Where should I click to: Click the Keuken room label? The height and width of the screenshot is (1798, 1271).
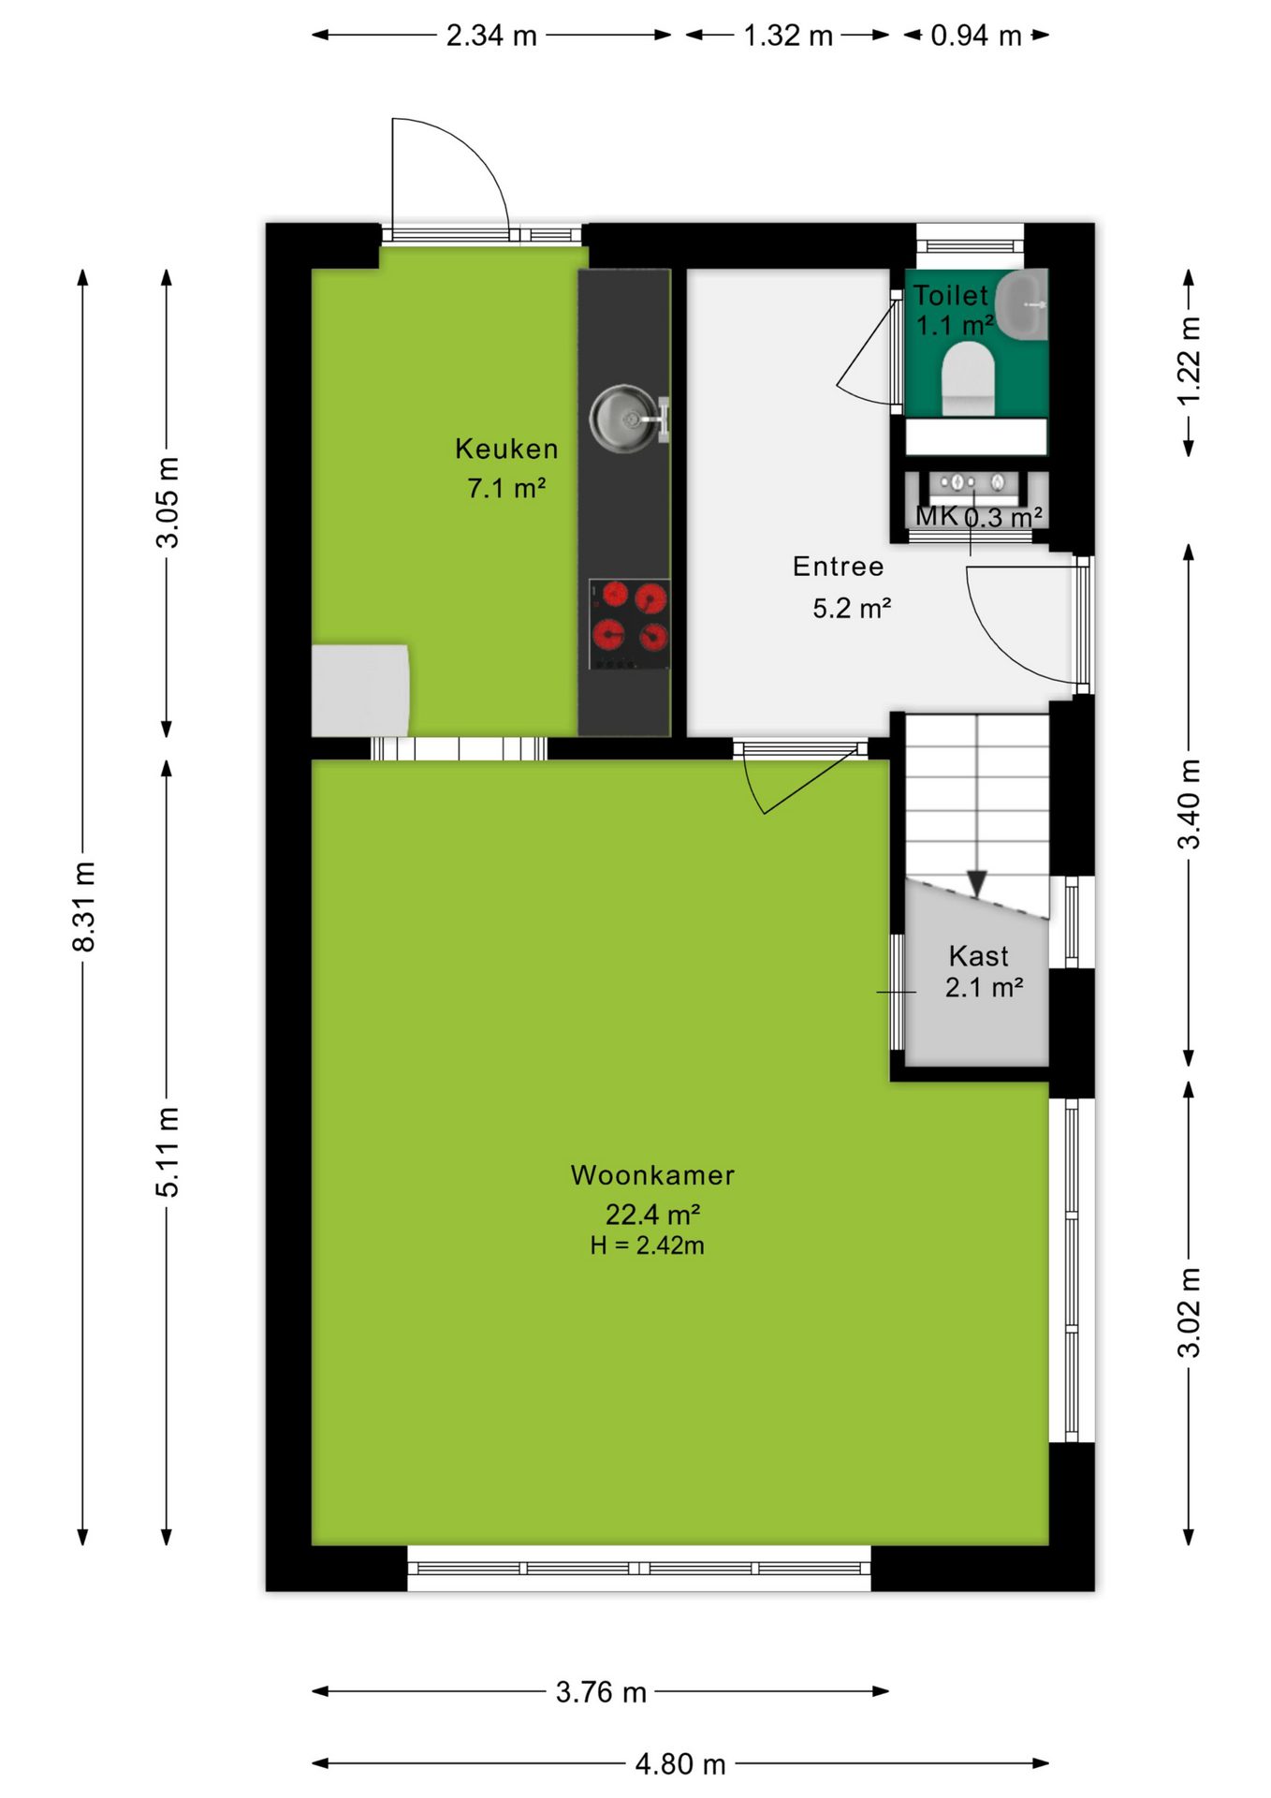[x=506, y=449]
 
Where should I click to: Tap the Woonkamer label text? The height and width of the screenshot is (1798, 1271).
[x=652, y=1175]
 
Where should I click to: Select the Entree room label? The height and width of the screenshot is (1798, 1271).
[x=838, y=567]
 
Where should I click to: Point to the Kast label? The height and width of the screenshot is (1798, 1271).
[x=978, y=956]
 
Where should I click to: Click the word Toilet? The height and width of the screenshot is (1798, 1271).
[x=950, y=296]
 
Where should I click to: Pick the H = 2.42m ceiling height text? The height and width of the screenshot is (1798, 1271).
[x=647, y=1245]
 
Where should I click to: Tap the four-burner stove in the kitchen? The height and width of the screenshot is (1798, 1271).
[x=629, y=624]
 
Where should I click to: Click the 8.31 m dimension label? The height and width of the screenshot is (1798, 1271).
[x=83, y=906]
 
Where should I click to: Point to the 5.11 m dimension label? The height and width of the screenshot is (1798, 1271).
[x=167, y=1152]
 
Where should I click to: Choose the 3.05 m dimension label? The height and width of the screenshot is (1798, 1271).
[x=167, y=502]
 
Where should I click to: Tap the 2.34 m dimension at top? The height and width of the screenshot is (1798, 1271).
[x=491, y=36]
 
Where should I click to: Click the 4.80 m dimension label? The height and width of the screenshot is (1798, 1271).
[x=680, y=1764]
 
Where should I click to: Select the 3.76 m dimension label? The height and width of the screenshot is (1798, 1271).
[x=601, y=1692]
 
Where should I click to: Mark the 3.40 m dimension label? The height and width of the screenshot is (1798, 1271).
[x=1189, y=804]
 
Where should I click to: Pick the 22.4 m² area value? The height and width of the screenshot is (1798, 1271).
[x=652, y=1215]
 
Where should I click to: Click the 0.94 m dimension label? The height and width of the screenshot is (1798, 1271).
[x=976, y=36]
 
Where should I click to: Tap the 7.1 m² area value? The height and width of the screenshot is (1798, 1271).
[x=506, y=488]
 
